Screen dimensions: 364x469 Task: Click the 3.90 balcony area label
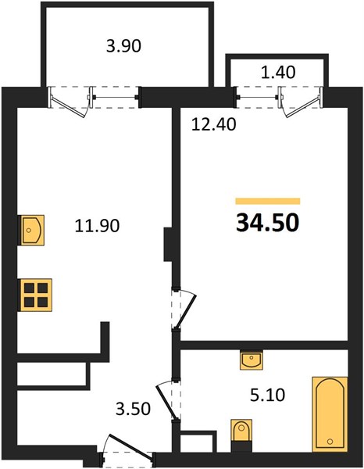coord(123,46)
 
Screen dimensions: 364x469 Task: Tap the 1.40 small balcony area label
coord(278,72)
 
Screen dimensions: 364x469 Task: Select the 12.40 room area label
coord(214,124)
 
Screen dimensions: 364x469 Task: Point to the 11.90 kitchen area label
coord(97,226)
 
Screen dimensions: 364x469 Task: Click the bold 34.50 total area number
coord(267,223)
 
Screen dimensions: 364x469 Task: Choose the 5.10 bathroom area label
coord(268,395)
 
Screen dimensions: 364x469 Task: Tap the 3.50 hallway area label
coord(133,409)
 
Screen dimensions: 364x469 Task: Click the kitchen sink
coord(31,230)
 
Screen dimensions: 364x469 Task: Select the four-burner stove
coord(36,295)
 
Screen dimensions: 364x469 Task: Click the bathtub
coord(330,414)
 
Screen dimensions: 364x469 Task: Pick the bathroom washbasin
coord(252,360)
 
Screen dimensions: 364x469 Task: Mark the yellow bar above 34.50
coord(268,201)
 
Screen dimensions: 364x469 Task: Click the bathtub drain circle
coord(330,441)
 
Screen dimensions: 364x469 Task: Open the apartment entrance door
coord(130,446)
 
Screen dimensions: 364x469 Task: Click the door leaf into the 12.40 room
coord(186,312)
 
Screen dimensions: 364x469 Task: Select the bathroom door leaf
coord(166,402)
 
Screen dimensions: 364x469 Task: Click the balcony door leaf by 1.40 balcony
coord(302,107)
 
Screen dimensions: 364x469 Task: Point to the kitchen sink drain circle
coord(29,231)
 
